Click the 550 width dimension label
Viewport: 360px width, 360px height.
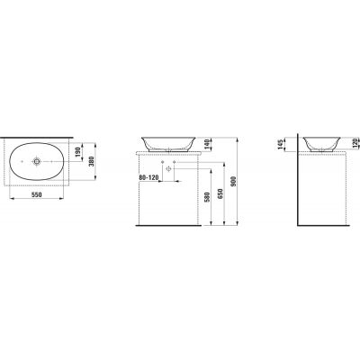[37, 194]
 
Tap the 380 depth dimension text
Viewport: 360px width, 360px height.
[92, 161]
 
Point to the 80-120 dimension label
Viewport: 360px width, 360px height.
[148, 177]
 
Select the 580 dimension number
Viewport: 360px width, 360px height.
[207, 197]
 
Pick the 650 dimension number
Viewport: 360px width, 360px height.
[220, 193]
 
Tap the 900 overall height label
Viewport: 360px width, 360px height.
[234, 181]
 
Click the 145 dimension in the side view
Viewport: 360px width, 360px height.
[280, 145]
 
